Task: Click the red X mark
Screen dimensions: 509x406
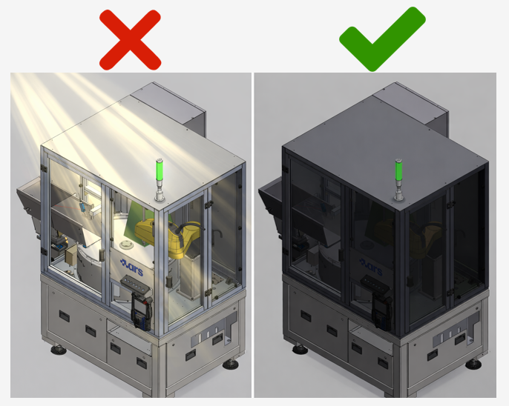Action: [130, 40]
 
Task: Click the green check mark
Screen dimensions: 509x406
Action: [382, 39]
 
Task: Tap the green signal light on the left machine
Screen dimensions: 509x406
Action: [160, 170]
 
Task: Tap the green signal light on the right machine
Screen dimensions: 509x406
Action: [398, 170]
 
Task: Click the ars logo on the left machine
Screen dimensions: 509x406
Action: [131, 267]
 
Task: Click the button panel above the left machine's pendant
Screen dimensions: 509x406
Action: [135, 284]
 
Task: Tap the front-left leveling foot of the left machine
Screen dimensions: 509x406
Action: [59, 350]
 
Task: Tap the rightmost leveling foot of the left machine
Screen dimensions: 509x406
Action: [231, 364]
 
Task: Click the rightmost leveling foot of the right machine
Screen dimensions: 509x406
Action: [473, 364]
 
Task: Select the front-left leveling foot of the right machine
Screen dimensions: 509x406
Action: [301, 349]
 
